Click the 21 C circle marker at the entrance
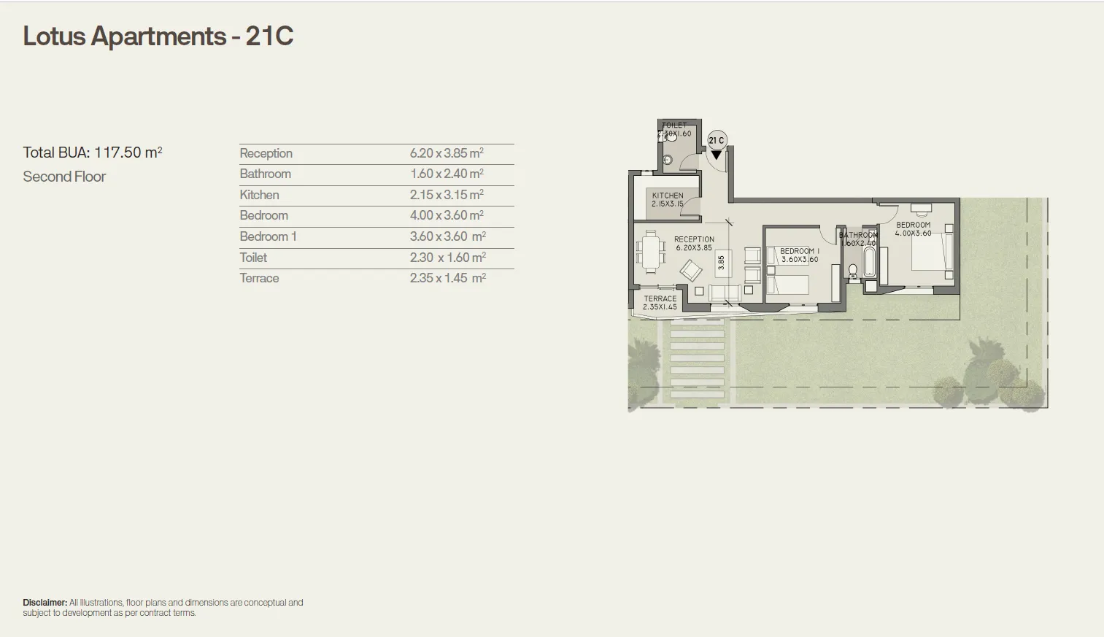(717, 140)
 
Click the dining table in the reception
(651, 252)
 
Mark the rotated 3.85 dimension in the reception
(722, 261)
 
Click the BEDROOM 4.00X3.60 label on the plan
(913, 229)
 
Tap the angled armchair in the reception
(690, 271)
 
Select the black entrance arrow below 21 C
(717, 155)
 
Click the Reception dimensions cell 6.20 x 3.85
(446, 153)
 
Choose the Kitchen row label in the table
(259, 195)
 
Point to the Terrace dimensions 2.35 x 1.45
(447, 278)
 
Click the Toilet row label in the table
(253, 258)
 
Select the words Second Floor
(64, 177)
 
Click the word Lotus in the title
(54, 36)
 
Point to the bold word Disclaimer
(45, 603)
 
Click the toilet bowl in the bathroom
(853, 271)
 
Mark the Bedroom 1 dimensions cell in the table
(447, 236)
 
